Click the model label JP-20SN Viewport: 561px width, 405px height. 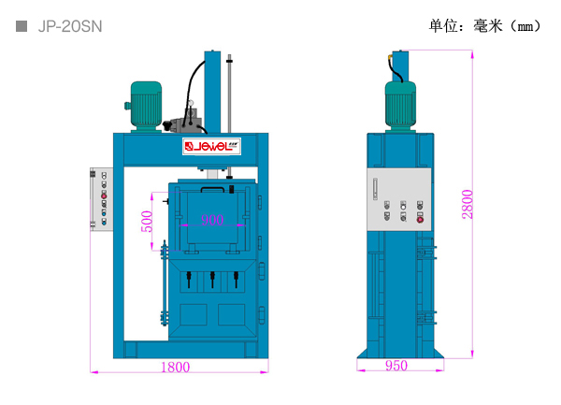(70, 26)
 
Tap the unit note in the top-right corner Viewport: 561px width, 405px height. (485, 25)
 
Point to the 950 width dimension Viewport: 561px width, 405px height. (396, 367)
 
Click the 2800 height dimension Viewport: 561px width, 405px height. (467, 204)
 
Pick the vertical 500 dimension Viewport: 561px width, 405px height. (146, 223)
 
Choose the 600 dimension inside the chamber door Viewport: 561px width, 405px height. (212, 220)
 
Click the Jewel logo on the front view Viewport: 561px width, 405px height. (211, 147)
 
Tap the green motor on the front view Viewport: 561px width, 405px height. (146, 102)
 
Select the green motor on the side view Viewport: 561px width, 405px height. (400, 101)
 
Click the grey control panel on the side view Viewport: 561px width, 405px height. (400, 198)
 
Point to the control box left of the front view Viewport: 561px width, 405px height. (101, 198)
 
